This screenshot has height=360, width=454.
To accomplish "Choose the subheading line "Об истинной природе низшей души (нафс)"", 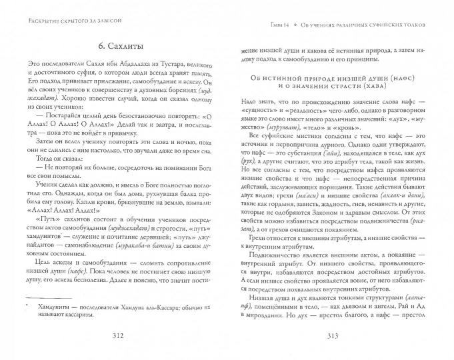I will (x=342, y=78).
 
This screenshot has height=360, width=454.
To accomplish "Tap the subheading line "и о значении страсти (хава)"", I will (x=342, y=88).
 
